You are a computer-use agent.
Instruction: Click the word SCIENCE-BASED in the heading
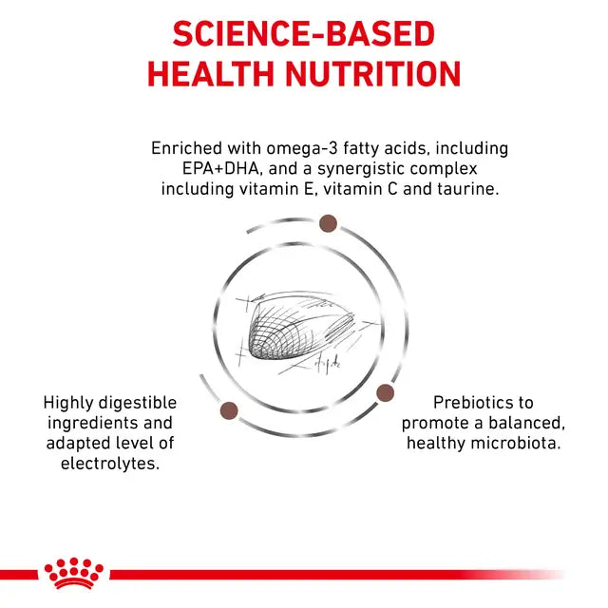point(304,35)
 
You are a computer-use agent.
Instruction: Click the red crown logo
point(74,574)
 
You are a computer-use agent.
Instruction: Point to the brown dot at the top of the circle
point(328,223)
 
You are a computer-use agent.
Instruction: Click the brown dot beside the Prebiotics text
point(385,392)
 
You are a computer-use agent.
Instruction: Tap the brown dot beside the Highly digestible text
point(228,410)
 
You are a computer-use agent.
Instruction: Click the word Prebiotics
point(472,403)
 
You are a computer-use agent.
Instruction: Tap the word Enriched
point(186,149)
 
